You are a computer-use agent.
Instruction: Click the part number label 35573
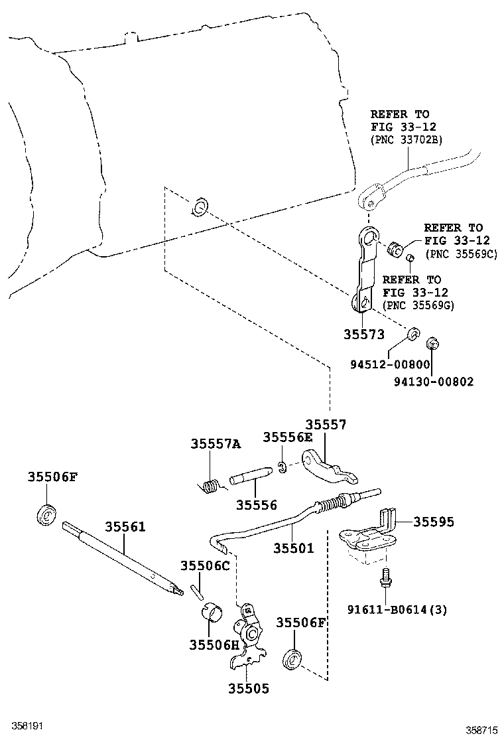[x=363, y=334]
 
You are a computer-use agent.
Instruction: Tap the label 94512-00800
[x=391, y=364]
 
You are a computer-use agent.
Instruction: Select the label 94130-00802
[x=434, y=382]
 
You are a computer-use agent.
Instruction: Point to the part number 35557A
[x=216, y=444]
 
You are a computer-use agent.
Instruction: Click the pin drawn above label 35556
[x=250, y=477]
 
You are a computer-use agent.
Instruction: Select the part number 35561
[x=125, y=527]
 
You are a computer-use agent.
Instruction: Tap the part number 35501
[x=294, y=548]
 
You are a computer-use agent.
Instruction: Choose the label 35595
[x=434, y=522]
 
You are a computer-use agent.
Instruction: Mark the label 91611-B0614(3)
[x=397, y=609]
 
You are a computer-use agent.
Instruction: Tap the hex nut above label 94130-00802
[x=431, y=343]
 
